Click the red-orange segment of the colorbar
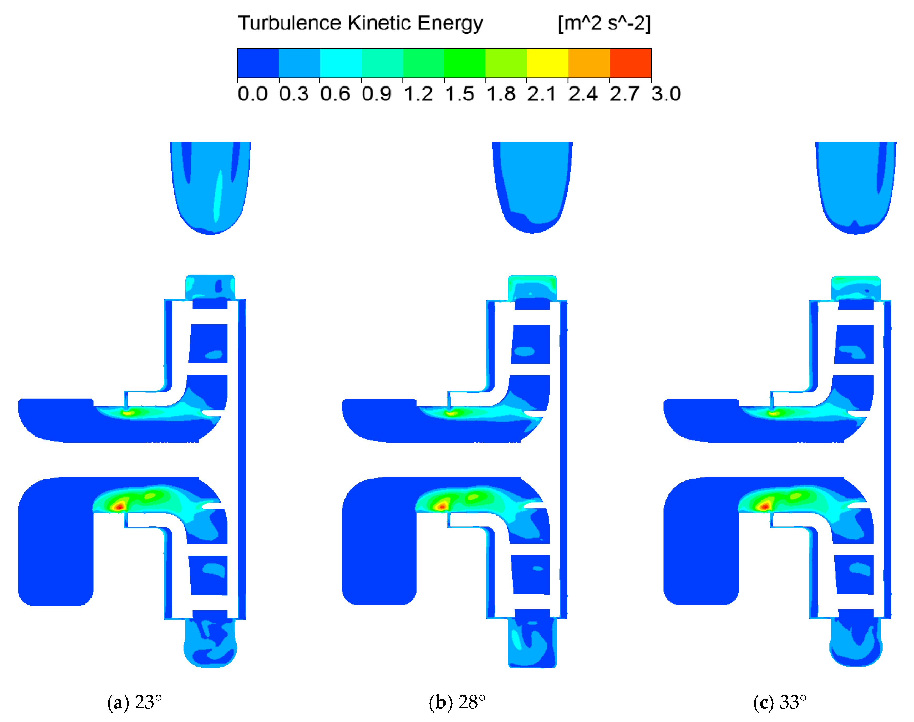(x=630, y=63)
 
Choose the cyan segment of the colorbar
(x=341, y=63)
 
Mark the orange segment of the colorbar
(x=589, y=63)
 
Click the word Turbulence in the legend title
(x=289, y=23)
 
